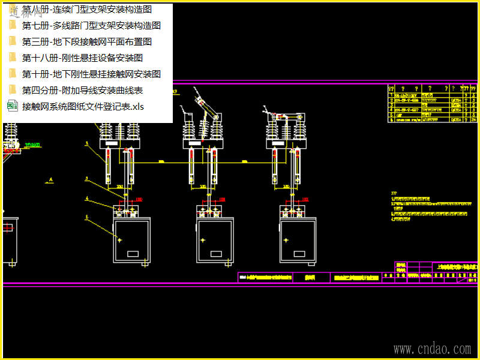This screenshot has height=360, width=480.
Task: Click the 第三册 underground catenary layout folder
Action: (x=86, y=42)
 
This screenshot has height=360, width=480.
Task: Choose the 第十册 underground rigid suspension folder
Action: (x=91, y=74)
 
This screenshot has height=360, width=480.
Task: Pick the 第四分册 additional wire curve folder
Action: (x=82, y=91)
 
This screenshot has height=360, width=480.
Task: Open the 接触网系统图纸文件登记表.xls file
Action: (x=83, y=107)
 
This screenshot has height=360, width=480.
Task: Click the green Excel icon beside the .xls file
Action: (x=12, y=106)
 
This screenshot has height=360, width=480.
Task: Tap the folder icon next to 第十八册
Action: (x=12, y=58)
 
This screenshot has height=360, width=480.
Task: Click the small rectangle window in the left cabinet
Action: (x=133, y=254)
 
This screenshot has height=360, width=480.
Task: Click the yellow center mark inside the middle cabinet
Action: (x=203, y=240)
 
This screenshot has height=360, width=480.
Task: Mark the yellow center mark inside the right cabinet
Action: (x=286, y=240)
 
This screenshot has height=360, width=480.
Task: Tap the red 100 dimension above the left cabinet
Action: (x=139, y=199)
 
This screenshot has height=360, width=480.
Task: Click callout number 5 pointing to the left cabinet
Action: (x=87, y=217)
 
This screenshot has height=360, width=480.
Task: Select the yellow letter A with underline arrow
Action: (x=52, y=179)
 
